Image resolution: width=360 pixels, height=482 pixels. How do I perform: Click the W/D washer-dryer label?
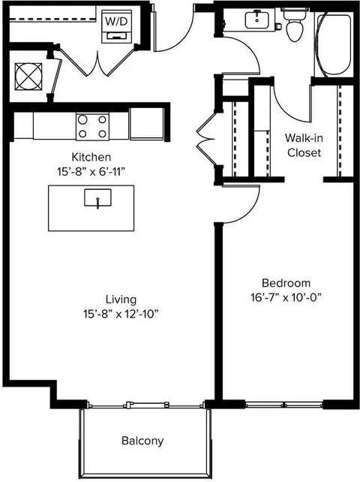tap(116, 22)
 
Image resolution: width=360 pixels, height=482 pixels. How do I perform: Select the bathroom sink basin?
tap(256, 19)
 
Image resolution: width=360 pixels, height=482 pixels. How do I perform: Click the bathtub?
tap(334, 44)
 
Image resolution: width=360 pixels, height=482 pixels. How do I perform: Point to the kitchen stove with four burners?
tap(92, 126)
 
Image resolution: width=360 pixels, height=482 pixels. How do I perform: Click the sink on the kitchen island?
tap(98, 198)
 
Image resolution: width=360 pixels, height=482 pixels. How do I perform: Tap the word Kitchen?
tap(91, 157)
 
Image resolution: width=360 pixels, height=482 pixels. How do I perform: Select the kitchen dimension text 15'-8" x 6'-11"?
tap(91, 171)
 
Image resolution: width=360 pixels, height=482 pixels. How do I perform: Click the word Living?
tap(121, 300)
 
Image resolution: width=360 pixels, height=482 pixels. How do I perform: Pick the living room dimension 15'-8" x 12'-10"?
tap(121, 314)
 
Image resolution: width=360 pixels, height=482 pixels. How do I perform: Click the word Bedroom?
tap(286, 283)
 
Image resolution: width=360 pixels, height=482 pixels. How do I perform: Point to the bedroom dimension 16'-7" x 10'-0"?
tap(286, 297)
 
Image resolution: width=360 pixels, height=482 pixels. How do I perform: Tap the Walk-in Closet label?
tap(304, 146)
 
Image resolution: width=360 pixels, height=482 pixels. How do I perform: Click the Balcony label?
tap(142, 441)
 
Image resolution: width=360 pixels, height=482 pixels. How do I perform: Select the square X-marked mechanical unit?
tap(28, 77)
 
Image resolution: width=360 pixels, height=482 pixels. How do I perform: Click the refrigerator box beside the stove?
tap(146, 124)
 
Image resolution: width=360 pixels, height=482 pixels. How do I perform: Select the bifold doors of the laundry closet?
tap(97, 62)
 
